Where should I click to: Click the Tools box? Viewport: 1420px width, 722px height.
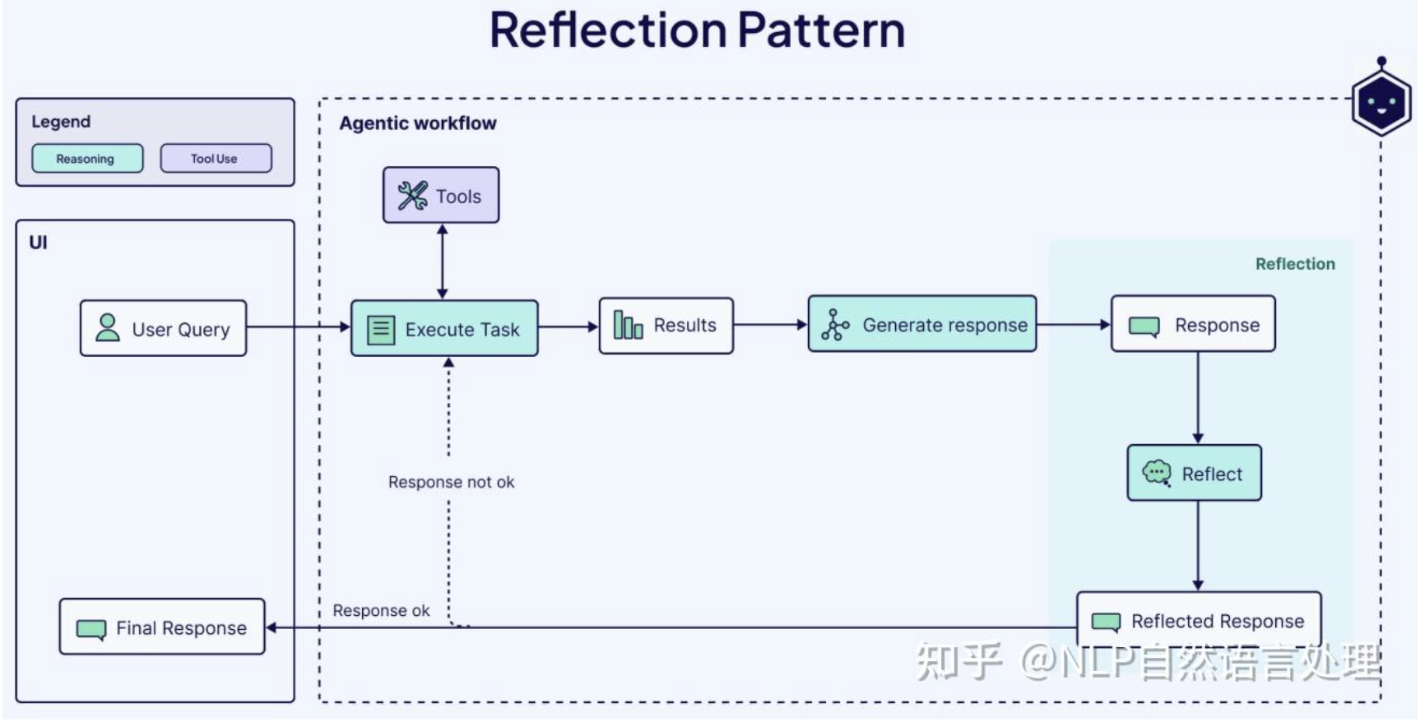pos(441,195)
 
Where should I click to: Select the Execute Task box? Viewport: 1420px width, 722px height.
pos(444,328)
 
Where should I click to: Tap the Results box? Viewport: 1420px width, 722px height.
pos(666,326)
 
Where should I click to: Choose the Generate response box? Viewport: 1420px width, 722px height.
pos(922,324)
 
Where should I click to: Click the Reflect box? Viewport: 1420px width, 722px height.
pos(1195,473)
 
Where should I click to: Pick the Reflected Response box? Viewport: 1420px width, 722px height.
pos(1199,620)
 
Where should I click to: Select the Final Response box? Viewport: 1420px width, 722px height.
pos(162,627)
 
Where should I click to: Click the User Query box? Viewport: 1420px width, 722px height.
pos(163,328)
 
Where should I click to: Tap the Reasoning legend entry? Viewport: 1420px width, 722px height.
pos(87,158)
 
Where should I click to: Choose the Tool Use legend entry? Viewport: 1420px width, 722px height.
pos(216,158)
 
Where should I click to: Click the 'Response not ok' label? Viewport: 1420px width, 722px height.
pos(451,482)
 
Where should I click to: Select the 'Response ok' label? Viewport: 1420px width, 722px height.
pos(381,610)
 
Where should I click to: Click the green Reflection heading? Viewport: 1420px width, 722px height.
pos(1295,264)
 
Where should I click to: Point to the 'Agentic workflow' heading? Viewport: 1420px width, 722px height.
pos(418,123)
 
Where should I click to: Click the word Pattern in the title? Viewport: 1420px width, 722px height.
pos(821,30)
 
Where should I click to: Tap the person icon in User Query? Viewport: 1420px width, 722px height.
pos(108,327)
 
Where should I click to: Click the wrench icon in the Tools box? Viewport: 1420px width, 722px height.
pos(413,196)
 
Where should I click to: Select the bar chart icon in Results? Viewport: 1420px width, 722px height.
pos(628,326)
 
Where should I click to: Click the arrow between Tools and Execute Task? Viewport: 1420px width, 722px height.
pos(443,261)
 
